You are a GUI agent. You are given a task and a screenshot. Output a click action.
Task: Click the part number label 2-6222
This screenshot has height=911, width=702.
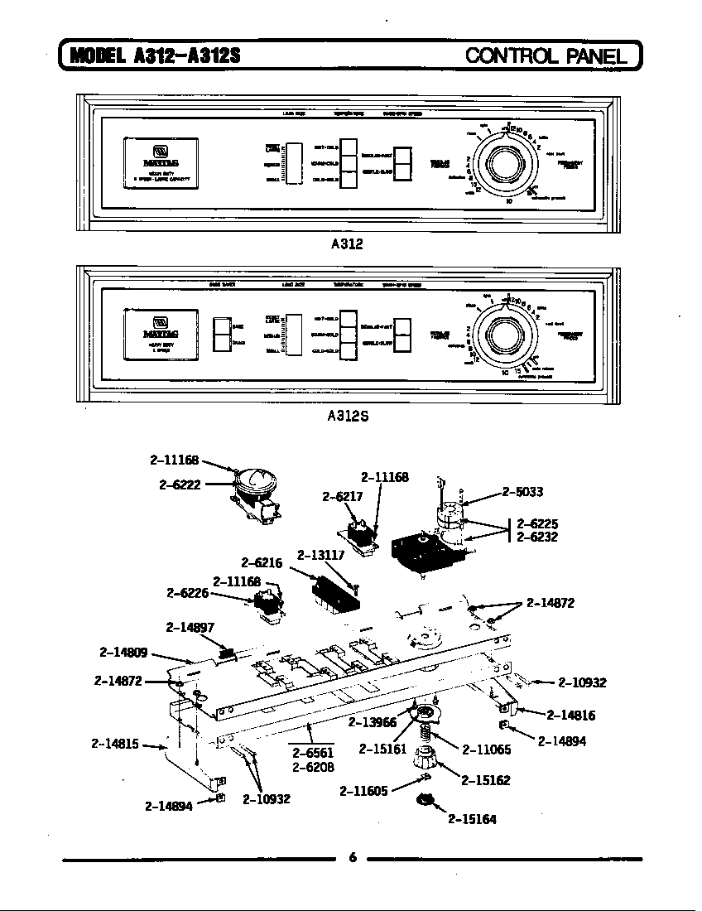click(x=180, y=484)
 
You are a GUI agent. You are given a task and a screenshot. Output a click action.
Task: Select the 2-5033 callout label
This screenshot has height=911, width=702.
click(x=522, y=492)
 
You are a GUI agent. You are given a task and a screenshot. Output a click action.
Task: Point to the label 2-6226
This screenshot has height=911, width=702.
click(x=186, y=593)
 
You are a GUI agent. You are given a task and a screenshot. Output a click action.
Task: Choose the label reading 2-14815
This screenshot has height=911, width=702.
click(x=114, y=743)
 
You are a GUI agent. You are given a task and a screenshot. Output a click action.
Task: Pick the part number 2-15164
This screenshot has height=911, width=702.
click(x=472, y=820)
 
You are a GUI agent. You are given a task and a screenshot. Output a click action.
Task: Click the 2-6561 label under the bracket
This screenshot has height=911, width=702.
click(x=313, y=752)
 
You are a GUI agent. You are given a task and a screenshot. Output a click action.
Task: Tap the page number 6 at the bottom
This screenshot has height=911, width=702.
click(x=352, y=858)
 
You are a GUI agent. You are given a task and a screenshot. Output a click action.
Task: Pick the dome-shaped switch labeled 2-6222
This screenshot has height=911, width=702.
click(x=255, y=484)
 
